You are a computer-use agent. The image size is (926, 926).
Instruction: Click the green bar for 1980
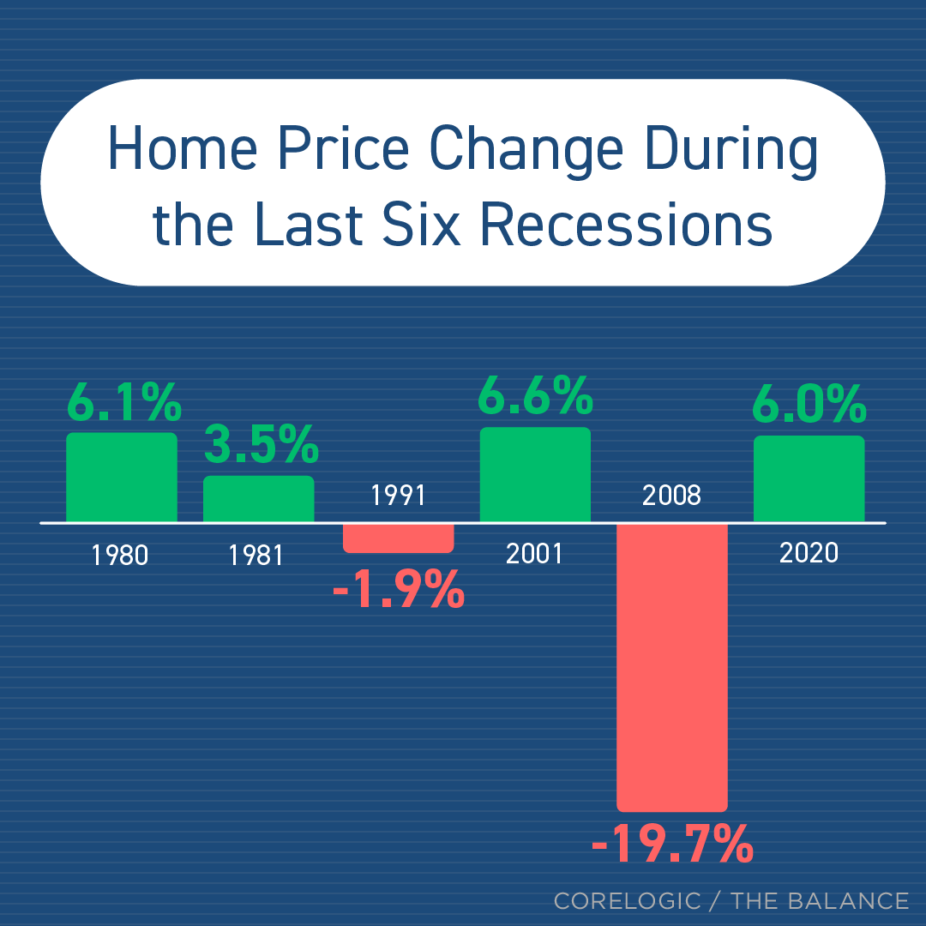tap(122, 477)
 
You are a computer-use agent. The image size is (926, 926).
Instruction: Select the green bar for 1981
tap(258, 498)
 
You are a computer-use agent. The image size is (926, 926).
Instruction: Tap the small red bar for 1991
tap(398, 538)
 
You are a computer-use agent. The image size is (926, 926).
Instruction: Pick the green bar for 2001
tap(535, 474)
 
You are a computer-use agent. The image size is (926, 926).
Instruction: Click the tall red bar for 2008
tap(672, 666)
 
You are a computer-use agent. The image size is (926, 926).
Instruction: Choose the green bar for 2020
tap(809, 478)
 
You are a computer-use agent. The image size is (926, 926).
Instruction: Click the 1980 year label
tap(120, 556)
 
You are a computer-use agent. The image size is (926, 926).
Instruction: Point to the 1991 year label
tap(398, 496)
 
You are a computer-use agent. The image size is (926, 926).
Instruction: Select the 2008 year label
tap(671, 496)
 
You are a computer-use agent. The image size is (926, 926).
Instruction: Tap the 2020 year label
tap(809, 553)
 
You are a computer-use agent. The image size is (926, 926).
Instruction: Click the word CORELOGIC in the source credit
tap(627, 901)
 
